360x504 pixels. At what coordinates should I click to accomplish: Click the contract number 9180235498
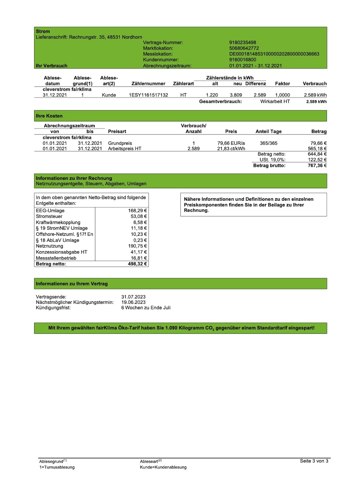pyautogui.click(x=243, y=42)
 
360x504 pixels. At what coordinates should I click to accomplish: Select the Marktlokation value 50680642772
pyautogui.click(x=244, y=48)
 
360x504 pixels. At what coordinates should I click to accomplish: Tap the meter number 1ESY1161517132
pyautogui.click(x=148, y=95)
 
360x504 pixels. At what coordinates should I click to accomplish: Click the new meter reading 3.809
pyautogui.click(x=236, y=95)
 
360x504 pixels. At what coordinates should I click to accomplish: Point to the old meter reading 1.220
pyautogui.click(x=212, y=95)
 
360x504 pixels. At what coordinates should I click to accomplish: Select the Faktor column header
pyautogui.click(x=282, y=84)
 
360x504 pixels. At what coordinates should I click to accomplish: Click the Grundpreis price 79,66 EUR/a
pyautogui.click(x=231, y=143)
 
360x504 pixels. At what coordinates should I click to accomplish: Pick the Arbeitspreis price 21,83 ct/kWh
pyautogui.click(x=231, y=149)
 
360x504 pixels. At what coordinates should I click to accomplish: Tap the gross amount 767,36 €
pyautogui.click(x=317, y=166)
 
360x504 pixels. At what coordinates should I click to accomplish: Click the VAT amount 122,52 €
pyautogui.click(x=317, y=160)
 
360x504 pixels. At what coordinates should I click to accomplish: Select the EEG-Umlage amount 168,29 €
pyautogui.click(x=138, y=211)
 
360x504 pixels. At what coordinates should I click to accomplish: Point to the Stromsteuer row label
pyautogui.click(x=49, y=216)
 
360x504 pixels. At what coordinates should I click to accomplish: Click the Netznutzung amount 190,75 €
pyautogui.click(x=138, y=246)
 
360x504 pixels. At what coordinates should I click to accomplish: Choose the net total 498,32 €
pyautogui.click(x=138, y=264)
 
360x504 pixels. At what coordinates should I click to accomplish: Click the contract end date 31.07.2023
pyautogui.click(x=133, y=297)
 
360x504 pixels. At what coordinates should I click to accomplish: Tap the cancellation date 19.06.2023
pyautogui.click(x=133, y=302)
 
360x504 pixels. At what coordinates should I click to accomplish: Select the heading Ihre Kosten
pyautogui.click(x=49, y=116)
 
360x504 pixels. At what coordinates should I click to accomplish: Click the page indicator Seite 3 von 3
pyautogui.click(x=314, y=461)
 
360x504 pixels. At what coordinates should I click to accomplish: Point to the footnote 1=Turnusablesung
pyautogui.click(x=57, y=467)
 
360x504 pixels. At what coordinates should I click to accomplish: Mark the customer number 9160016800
pyautogui.click(x=243, y=60)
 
